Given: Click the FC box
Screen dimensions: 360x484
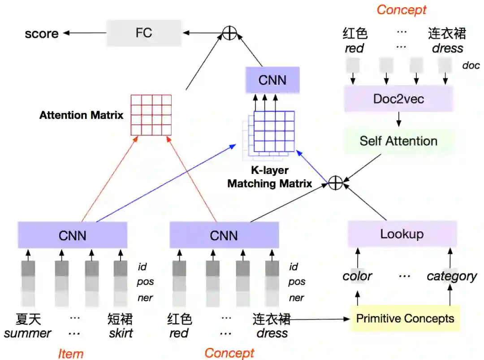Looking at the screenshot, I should (143, 33).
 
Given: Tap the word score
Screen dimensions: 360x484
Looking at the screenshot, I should (42, 34).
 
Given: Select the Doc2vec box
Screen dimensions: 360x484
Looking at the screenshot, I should (398, 99).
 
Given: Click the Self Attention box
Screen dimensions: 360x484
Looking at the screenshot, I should (398, 141).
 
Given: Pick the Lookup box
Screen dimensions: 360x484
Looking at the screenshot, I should (402, 234).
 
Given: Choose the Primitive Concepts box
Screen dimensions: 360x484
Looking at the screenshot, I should (405, 319).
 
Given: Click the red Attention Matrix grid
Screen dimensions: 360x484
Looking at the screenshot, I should (151, 115).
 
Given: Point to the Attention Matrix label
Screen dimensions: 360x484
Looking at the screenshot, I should (81, 115).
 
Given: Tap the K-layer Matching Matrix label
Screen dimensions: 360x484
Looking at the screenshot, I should (269, 177).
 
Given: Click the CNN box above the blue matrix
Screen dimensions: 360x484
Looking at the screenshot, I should (272, 80).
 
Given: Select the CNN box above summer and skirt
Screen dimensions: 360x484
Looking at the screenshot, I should (72, 235).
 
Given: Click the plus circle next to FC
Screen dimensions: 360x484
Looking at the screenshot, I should (229, 32).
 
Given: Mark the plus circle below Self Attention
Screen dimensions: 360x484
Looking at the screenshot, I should (335, 182).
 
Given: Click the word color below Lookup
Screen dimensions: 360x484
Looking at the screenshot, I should (357, 276).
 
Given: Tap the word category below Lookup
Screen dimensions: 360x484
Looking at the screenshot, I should (451, 276).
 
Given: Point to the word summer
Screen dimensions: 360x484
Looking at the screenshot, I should (27, 334).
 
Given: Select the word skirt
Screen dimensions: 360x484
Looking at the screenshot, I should (121, 334).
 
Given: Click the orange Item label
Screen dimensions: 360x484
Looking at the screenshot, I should (70, 354).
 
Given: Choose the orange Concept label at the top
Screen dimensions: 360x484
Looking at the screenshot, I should (402, 9).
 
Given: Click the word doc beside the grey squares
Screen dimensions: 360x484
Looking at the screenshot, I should (471, 65).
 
